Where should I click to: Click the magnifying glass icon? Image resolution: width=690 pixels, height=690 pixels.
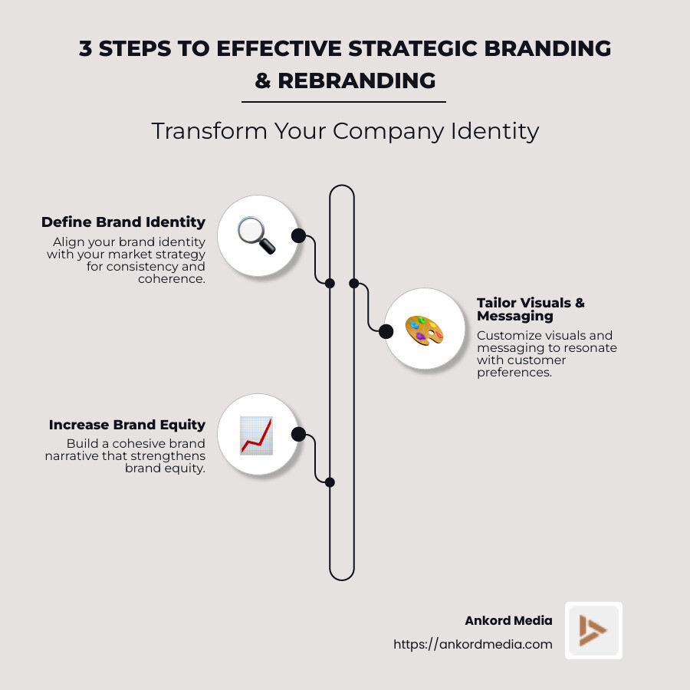256,235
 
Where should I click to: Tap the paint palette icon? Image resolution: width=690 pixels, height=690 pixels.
424,328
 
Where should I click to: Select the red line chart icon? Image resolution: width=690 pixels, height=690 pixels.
256,435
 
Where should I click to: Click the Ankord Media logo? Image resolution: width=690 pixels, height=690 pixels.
593,630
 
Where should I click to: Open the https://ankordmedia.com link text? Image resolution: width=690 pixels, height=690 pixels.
472,645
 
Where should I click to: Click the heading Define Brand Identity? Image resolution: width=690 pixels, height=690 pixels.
123,222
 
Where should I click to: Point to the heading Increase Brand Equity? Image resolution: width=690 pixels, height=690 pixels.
127,425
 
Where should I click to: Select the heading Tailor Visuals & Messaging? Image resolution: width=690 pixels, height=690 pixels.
531,309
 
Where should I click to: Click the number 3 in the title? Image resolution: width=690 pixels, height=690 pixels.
87,48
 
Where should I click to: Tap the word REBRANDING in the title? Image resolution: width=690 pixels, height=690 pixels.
356,80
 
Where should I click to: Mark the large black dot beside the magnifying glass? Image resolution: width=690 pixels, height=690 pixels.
298,235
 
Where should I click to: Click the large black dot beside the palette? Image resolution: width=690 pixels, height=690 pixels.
386,331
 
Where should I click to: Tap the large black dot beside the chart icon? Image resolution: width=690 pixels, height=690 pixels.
299,435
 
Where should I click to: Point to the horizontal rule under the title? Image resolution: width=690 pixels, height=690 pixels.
343,101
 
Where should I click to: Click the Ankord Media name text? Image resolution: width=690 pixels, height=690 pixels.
508,621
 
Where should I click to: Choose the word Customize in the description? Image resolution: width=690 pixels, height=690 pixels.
506,335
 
